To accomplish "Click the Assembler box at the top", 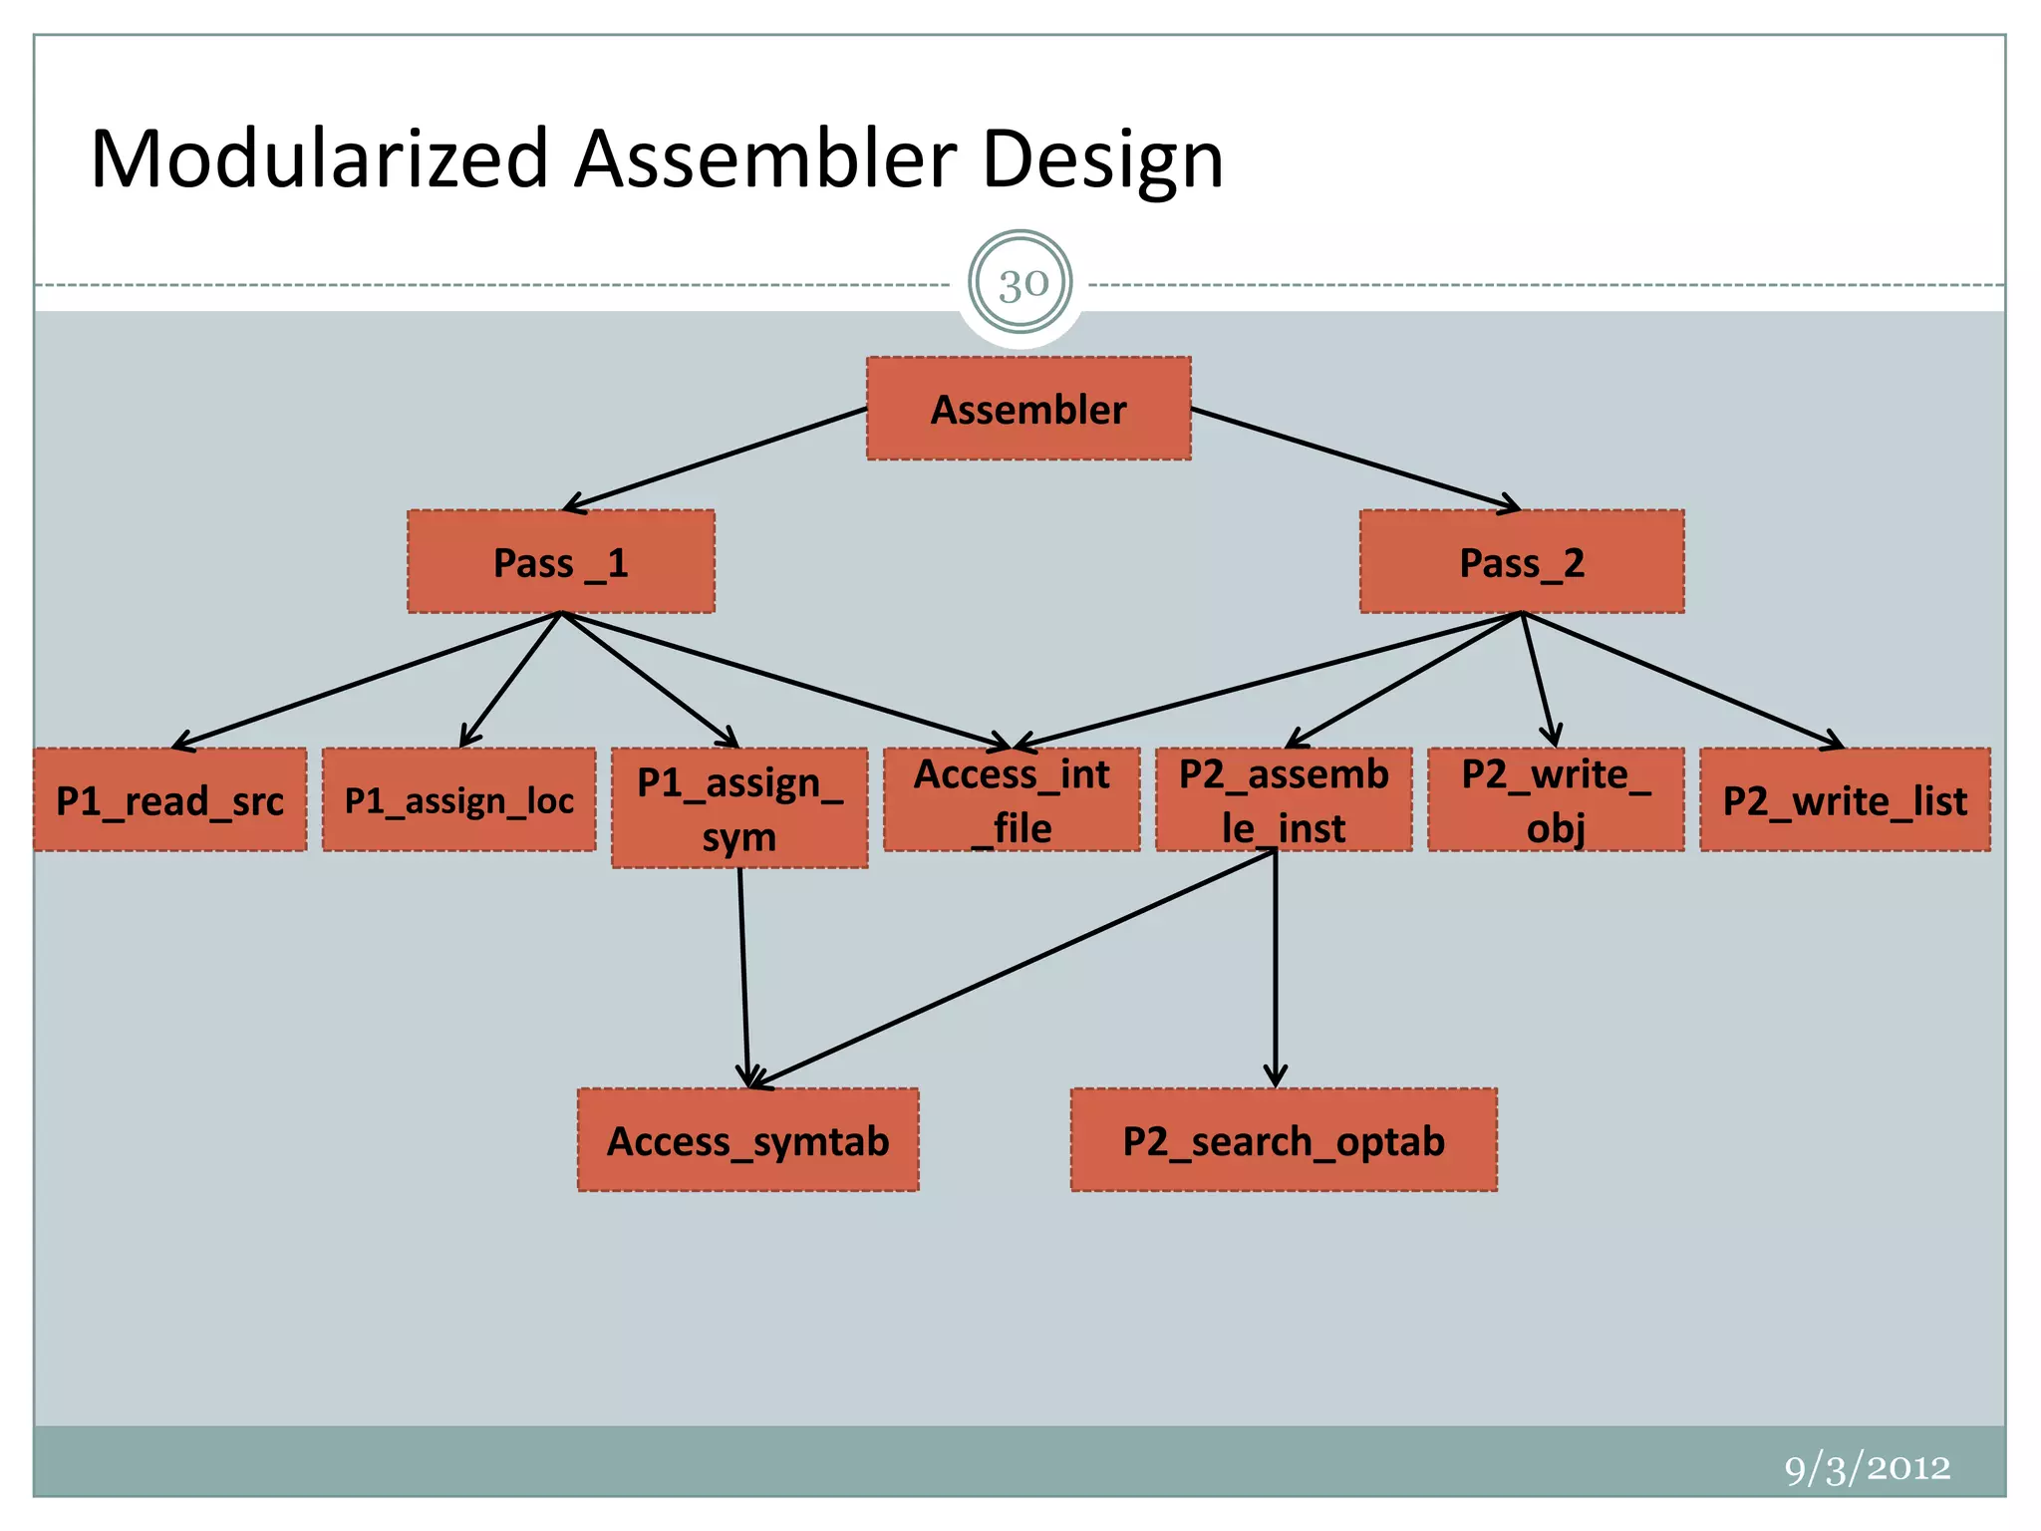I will click(1028, 409).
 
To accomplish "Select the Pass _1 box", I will click(561, 562).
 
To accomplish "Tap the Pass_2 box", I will click(1522, 562).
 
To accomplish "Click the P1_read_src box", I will click(170, 800).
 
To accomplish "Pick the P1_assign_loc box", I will click(459, 800).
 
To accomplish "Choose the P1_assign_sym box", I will click(739, 808).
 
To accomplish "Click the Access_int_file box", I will click(1012, 800).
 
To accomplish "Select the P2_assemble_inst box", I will click(1284, 800).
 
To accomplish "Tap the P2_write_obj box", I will click(1556, 800).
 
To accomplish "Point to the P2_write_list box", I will click(1845, 800).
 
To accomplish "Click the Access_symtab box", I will click(748, 1140).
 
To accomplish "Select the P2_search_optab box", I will click(1284, 1140).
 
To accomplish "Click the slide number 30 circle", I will click(1021, 285).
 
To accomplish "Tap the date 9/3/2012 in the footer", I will click(1867, 1468).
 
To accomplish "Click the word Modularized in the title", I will click(319, 159).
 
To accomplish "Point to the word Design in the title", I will click(1102, 159).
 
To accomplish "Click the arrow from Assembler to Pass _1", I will click(716, 459).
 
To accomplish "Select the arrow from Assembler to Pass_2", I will click(1355, 459).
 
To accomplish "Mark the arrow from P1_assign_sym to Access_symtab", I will click(743, 977).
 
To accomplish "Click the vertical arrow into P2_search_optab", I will click(1276, 967).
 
